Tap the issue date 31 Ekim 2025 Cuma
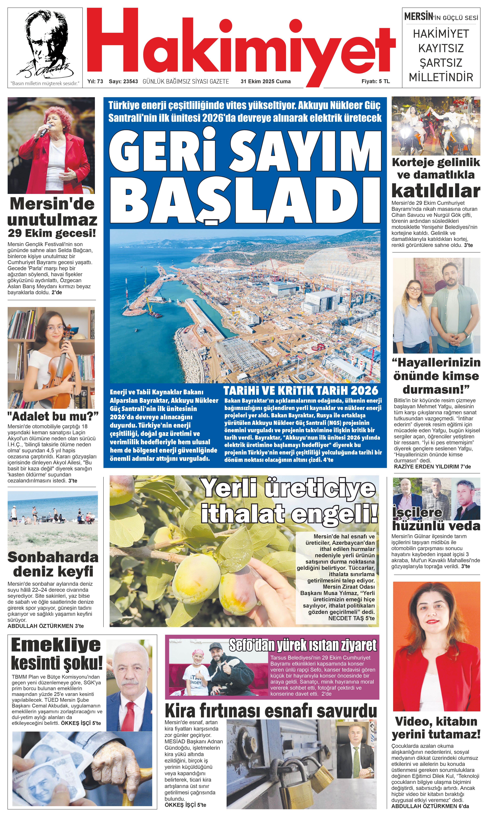(265, 81)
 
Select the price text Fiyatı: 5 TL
(375, 81)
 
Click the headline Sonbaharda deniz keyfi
(53, 564)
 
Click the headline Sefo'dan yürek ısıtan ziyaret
(302, 645)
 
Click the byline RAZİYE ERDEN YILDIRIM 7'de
(432, 466)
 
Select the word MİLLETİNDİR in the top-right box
(441, 77)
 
